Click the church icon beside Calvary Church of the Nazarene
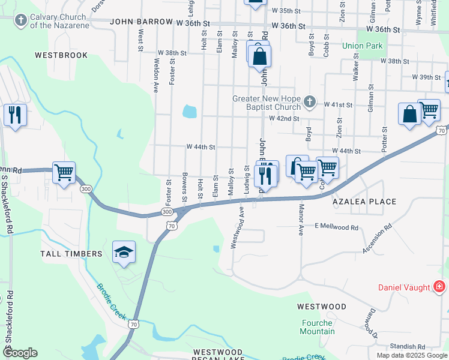pyautogui.click(x=21, y=21)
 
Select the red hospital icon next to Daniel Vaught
pyautogui.click(x=439, y=287)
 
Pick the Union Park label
pyautogui.click(x=362, y=46)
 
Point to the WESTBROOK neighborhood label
pyautogui.click(x=61, y=55)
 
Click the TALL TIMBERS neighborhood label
pyautogui.click(x=71, y=254)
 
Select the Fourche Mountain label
pyautogui.click(x=318, y=327)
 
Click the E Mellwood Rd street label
pyautogui.click(x=336, y=227)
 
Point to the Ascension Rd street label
pyautogui.click(x=377, y=239)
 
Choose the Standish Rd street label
pyautogui.click(x=407, y=346)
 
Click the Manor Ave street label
pyautogui.click(x=300, y=220)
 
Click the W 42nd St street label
pyautogui.click(x=284, y=119)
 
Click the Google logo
pyautogui.click(x=20, y=353)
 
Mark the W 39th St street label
pyautogui.click(x=426, y=77)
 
